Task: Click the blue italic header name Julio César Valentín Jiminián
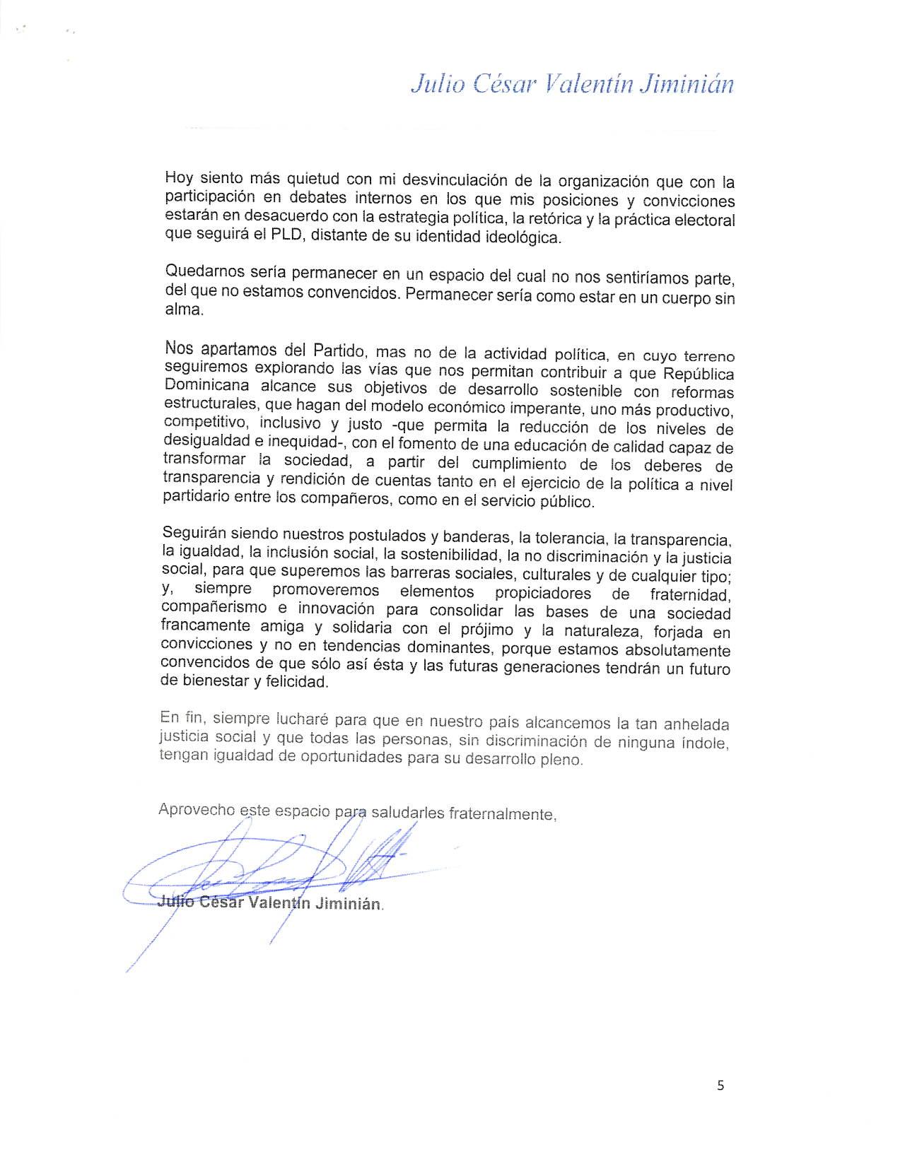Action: click(572, 84)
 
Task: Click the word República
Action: click(699, 374)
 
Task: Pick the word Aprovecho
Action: click(196, 809)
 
